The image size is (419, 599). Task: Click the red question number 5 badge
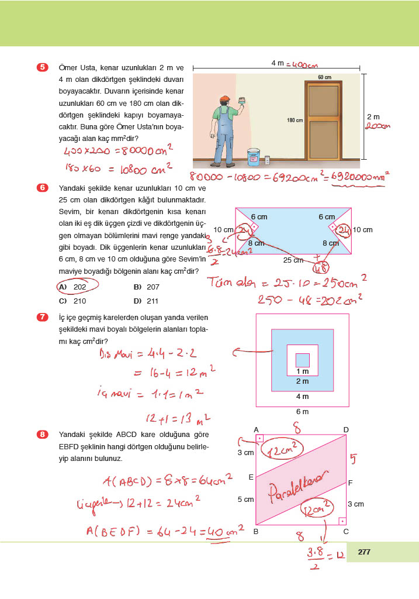click(42, 67)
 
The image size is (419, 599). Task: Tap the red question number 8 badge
click(42, 435)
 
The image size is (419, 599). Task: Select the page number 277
click(364, 552)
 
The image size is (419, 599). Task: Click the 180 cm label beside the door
click(295, 121)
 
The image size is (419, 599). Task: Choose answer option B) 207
click(146, 287)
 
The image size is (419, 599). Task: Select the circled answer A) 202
click(77, 287)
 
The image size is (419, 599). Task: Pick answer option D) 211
click(146, 301)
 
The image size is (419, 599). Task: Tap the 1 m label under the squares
click(302, 372)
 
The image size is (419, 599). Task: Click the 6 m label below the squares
click(302, 411)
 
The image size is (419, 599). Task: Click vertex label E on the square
click(251, 477)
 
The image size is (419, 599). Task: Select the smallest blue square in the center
click(302, 360)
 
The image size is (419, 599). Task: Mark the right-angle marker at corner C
click(342, 520)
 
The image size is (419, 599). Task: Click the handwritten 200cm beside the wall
click(377, 126)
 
